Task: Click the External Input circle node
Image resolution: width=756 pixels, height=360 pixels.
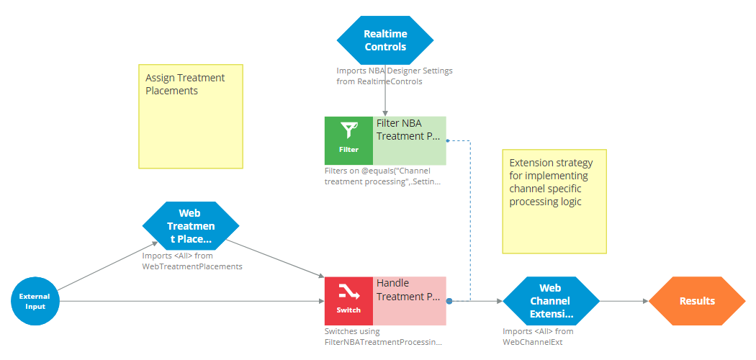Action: coord(35,301)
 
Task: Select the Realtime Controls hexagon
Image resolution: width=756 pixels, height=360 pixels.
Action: coord(385,40)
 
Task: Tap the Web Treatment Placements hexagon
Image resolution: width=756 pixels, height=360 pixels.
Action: coord(191,225)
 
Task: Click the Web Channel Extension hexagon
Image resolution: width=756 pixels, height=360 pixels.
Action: coord(551,301)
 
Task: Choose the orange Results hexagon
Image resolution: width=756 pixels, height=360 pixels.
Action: coord(696,301)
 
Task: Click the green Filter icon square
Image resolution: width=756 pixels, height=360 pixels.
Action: coord(348,140)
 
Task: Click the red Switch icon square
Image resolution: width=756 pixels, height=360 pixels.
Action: coord(348,301)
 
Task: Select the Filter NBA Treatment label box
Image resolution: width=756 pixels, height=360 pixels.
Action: coord(410,140)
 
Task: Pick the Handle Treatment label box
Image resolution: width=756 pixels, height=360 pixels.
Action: coord(410,301)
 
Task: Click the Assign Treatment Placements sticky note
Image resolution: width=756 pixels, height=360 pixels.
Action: coord(190,117)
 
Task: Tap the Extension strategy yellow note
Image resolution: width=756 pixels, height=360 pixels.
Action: coord(554,202)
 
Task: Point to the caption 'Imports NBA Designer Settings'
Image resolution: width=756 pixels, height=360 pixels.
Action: coord(395,71)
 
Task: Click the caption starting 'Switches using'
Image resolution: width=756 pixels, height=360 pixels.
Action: coord(383,337)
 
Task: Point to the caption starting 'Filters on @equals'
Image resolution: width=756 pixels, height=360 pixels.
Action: coord(382,176)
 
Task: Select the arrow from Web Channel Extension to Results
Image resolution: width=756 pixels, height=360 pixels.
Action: coord(624,301)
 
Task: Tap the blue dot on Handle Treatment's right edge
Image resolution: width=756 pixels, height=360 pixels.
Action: coord(449,301)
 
